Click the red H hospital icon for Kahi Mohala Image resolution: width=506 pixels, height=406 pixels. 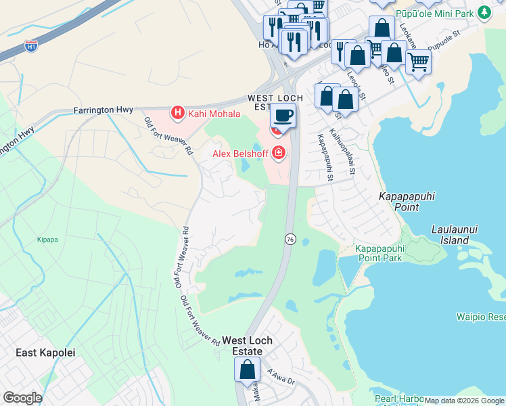pos(177,112)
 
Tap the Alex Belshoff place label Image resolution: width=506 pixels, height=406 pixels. pos(240,154)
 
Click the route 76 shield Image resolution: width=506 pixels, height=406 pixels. pos(290,240)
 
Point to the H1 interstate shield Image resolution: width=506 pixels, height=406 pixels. pos(31,46)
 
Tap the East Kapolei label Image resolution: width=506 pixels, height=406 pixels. pos(45,353)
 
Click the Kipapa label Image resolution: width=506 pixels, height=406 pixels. pos(47,240)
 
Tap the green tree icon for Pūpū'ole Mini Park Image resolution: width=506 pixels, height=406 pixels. pos(484,12)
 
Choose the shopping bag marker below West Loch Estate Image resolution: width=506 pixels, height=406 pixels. pos(247,370)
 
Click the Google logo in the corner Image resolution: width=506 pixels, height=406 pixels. pos(22,398)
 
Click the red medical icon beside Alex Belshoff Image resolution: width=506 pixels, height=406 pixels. pos(278,154)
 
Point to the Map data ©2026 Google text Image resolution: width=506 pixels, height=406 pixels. pos(463,401)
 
